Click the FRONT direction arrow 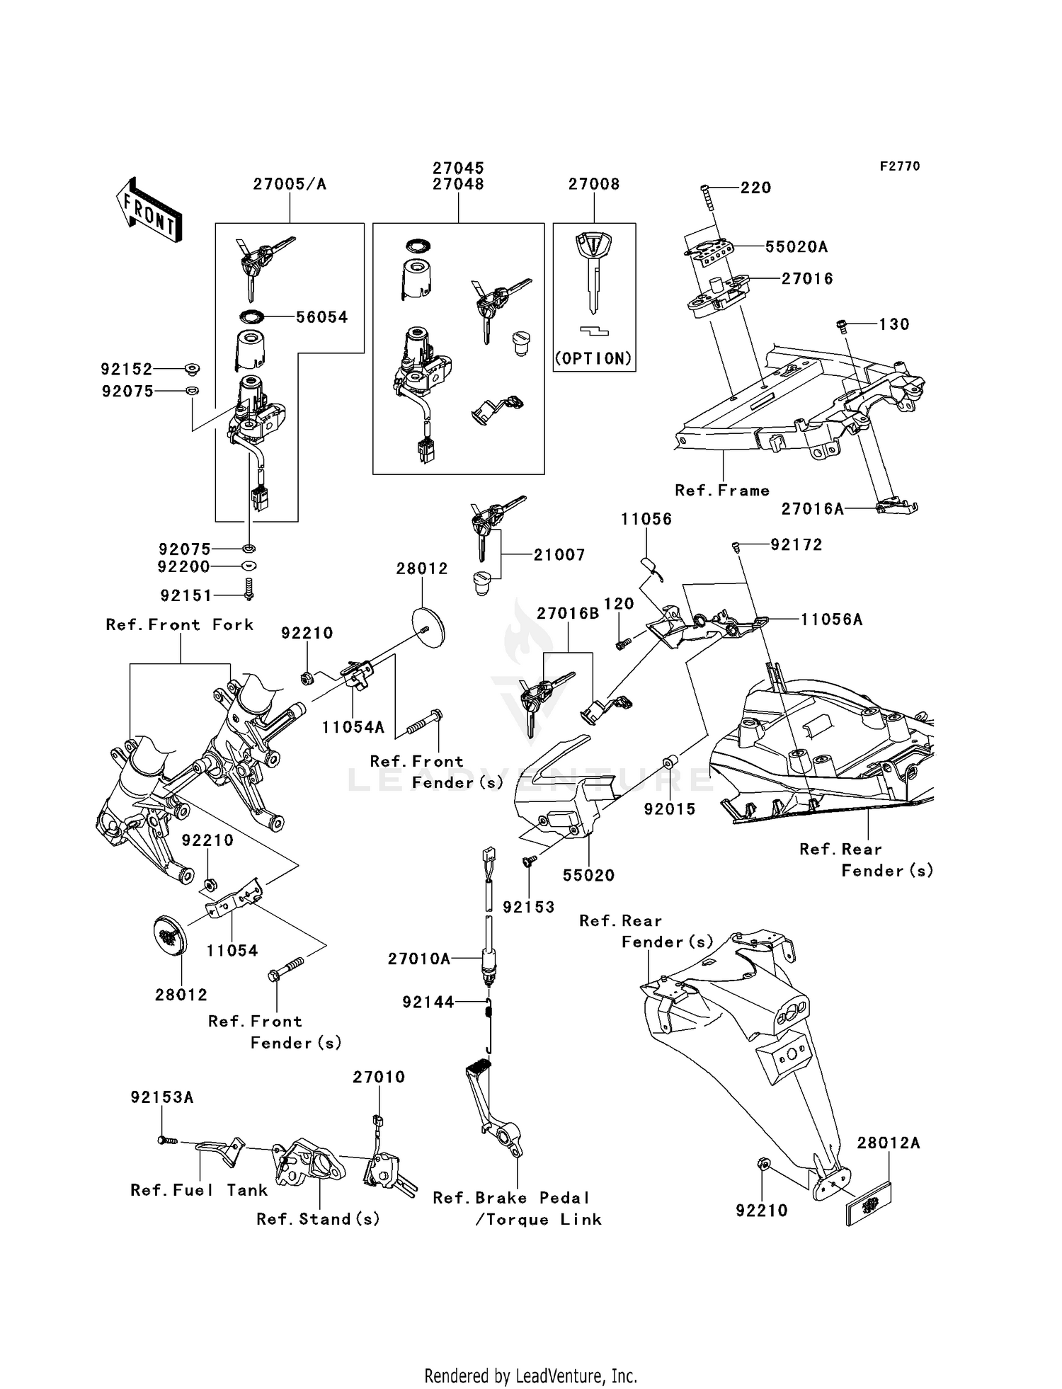coord(149,211)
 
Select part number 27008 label coord(593,184)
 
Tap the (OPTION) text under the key coord(593,358)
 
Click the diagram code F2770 coord(899,166)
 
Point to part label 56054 coord(322,317)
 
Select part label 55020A coord(796,247)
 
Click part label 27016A coord(812,509)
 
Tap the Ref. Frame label coord(721,491)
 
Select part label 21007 coord(559,555)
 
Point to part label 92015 coord(670,808)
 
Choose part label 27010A coord(418,959)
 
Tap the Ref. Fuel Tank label coord(199,1190)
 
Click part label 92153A coord(161,1097)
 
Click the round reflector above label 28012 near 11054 coord(171,937)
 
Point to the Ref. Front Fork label coord(179,624)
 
